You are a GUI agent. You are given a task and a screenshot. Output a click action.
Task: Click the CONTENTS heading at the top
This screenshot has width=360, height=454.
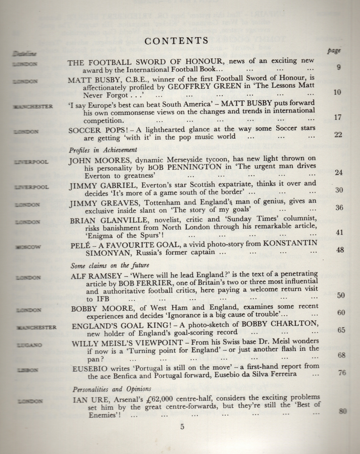point(176,41)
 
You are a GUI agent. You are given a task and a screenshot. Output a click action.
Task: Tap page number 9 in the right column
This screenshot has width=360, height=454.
point(339,67)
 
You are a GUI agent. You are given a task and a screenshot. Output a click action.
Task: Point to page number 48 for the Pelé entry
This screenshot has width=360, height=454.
point(340,250)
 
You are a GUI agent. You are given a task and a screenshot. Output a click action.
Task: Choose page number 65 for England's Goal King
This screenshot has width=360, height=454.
point(341,330)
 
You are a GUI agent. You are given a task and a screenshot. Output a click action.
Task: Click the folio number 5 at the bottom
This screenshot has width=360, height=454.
point(182,427)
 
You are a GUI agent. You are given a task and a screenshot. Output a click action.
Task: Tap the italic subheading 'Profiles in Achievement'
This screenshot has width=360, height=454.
point(103,150)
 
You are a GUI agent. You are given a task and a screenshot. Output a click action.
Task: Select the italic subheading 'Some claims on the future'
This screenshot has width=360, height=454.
point(105,266)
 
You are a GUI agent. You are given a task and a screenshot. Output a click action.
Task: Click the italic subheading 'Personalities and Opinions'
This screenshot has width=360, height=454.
point(107,389)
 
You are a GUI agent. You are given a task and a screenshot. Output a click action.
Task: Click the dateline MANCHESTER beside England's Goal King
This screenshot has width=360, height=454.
point(36,328)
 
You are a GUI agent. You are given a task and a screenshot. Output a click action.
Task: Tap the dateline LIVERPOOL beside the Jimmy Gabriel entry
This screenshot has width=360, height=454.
point(31,187)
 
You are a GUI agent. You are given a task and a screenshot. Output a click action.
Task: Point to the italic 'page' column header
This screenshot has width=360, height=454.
point(334,51)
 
